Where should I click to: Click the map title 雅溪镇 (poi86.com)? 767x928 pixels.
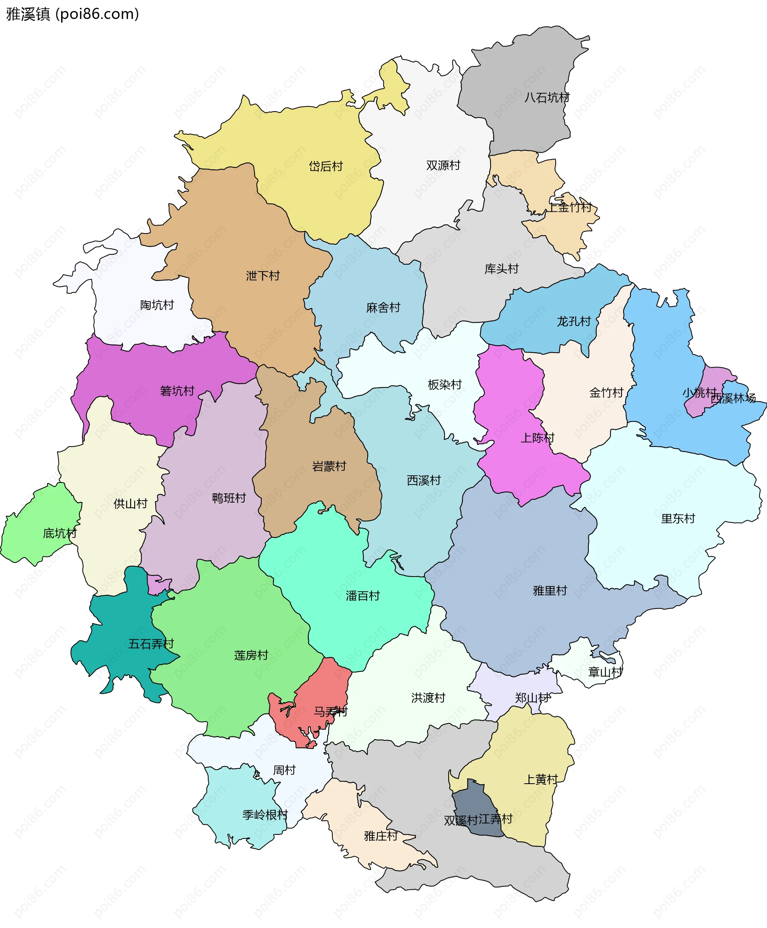tap(72, 14)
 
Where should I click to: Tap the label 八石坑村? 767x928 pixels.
tap(546, 97)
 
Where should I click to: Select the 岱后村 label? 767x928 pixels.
tap(326, 166)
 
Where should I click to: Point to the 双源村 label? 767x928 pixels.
tap(443, 165)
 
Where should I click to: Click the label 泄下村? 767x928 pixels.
tap(263, 276)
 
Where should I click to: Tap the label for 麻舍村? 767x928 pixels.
tap(383, 307)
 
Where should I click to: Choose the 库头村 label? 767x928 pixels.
tap(501, 269)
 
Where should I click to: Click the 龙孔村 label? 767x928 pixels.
tap(573, 321)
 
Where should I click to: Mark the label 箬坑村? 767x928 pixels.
tap(177, 391)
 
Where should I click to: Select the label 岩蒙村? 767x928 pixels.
tap(329, 466)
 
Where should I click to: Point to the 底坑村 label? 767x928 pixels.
tap(60, 533)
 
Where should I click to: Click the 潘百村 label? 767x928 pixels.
tap(362, 596)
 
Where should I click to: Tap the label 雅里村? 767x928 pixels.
tap(550, 591)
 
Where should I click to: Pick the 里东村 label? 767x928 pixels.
tap(678, 518)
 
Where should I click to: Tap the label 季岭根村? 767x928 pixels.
tap(265, 814)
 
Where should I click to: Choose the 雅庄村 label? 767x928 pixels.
tap(381, 836)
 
